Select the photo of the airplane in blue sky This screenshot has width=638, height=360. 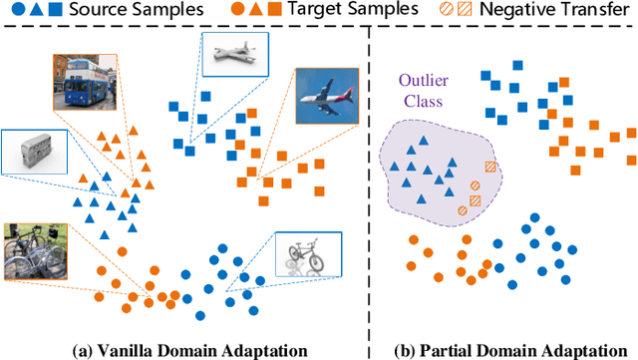(325, 99)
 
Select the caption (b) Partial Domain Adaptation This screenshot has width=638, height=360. (505, 348)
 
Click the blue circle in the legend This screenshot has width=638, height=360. (16, 12)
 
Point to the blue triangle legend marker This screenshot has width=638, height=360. (35, 12)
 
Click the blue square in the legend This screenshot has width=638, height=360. (55, 12)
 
